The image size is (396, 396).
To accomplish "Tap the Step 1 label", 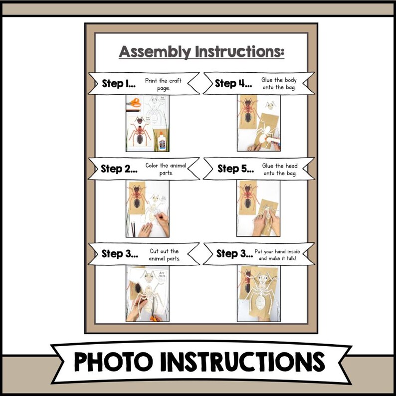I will [x=119, y=83].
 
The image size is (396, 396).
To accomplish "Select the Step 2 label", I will [x=119, y=169].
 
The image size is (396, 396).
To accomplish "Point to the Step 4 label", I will [x=232, y=83].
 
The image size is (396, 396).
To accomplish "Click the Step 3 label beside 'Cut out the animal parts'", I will [x=120, y=254].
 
